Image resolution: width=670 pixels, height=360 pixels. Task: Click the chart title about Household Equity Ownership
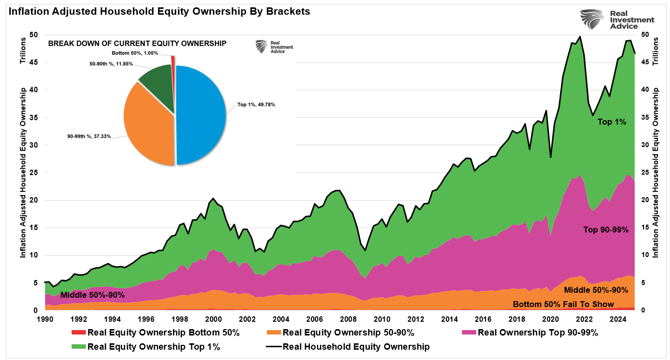156,11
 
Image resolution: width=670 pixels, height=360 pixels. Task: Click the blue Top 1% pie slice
201,115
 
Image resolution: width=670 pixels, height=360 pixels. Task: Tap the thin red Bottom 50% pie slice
173,59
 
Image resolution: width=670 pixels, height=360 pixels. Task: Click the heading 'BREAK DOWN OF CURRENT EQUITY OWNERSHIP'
137,43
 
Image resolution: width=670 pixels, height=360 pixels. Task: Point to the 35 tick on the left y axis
33,117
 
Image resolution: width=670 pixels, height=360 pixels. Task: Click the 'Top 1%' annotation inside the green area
612,122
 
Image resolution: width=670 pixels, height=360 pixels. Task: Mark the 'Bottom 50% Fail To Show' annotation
563,304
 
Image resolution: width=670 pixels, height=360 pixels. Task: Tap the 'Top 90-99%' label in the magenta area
606,229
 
